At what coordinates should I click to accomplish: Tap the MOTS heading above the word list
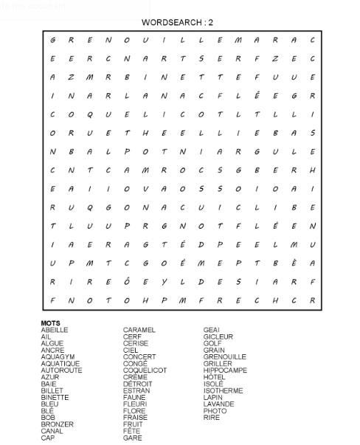(50, 323)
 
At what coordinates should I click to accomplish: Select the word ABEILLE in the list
(55, 330)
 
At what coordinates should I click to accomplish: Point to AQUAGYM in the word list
(57, 356)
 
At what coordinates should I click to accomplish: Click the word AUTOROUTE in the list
(60, 370)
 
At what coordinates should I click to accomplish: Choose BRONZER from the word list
(57, 424)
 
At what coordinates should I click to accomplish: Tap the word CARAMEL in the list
(139, 330)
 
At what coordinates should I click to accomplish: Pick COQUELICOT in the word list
(145, 370)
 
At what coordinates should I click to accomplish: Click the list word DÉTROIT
(138, 384)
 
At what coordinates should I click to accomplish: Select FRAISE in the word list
(136, 418)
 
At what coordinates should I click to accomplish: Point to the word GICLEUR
(218, 337)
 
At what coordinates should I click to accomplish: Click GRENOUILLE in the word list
(225, 356)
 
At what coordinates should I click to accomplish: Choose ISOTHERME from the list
(223, 390)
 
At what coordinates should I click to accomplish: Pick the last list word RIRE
(211, 418)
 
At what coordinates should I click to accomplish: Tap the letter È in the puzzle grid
(294, 263)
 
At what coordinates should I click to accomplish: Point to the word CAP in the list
(48, 438)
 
